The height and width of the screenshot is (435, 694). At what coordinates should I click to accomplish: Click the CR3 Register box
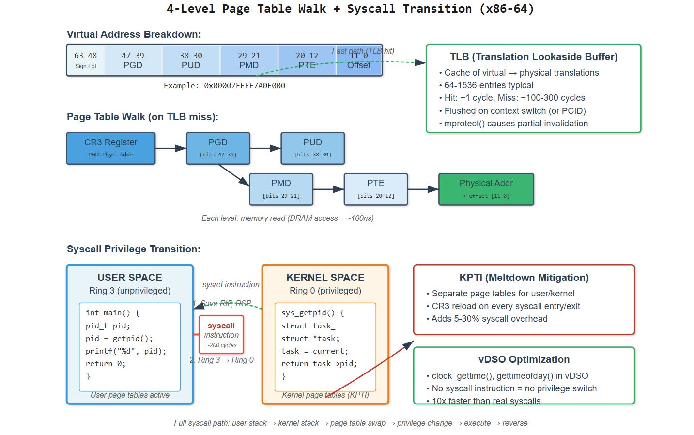[111, 148]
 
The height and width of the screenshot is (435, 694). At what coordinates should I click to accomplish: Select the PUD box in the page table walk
[312, 148]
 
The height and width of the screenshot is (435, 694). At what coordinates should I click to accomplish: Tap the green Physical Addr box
[486, 189]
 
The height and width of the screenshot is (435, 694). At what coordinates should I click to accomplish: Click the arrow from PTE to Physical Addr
[423, 189]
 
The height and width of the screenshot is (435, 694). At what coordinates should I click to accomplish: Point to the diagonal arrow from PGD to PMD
[233, 175]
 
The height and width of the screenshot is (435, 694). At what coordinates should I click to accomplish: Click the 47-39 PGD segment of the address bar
[133, 61]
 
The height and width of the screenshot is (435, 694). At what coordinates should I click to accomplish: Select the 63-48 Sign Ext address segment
[86, 61]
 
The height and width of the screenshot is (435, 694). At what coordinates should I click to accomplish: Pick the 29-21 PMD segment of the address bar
[249, 61]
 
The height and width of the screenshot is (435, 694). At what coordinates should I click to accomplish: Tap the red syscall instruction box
[221, 335]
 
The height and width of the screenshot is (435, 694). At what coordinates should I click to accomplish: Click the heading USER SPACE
[130, 278]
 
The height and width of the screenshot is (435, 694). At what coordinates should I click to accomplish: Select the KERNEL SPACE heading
[325, 278]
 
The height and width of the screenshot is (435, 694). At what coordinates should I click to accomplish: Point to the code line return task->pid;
[319, 364]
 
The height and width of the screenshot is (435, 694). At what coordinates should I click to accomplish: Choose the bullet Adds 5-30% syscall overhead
[489, 319]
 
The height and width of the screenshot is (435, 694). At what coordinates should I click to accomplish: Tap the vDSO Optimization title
[524, 359]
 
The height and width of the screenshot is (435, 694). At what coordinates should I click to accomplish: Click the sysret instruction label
[231, 285]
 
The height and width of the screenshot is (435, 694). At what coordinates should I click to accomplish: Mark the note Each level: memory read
[287, 218]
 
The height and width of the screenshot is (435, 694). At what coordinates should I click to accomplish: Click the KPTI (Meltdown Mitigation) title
[524, 278]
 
